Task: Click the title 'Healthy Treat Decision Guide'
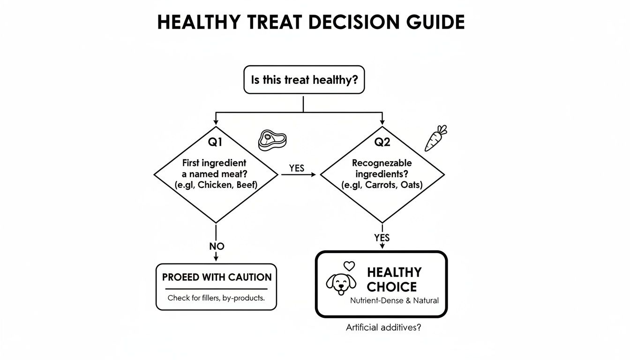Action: (x=311, y=22)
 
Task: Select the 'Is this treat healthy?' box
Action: (x=304, y=80)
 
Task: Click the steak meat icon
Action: (x=272, y=140)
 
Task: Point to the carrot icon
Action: (x=435, y=138)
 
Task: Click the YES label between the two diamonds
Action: (x=297, y=168)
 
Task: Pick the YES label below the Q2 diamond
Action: (x=382, y=238)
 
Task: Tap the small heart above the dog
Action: (x=348, y=265)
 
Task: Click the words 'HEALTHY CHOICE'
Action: (x=394, y=279)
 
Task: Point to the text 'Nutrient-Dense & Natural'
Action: (x=394, y=300)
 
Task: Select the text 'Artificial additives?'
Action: (x=383, y=328)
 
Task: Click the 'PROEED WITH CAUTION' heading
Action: (x=217, y=277)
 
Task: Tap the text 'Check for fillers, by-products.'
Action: (x=216, y=298)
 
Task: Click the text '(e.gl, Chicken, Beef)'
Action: (x=216, y=185)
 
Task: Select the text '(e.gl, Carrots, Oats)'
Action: (x=382, y=185)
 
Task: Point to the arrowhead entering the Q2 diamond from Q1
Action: (x=314, y=175)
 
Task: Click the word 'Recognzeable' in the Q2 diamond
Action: (x=382, y=163)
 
